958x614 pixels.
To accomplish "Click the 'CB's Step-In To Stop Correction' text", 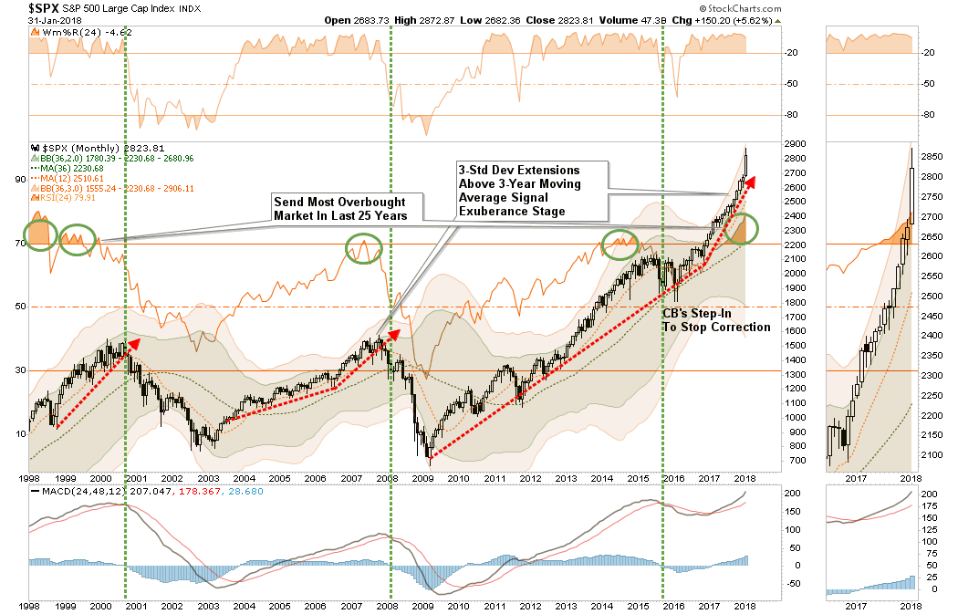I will point(717,319).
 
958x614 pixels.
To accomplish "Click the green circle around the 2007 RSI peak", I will point(364,247).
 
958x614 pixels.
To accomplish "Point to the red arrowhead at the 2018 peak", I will point(750,181).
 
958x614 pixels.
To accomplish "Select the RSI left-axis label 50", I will point(18,307).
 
